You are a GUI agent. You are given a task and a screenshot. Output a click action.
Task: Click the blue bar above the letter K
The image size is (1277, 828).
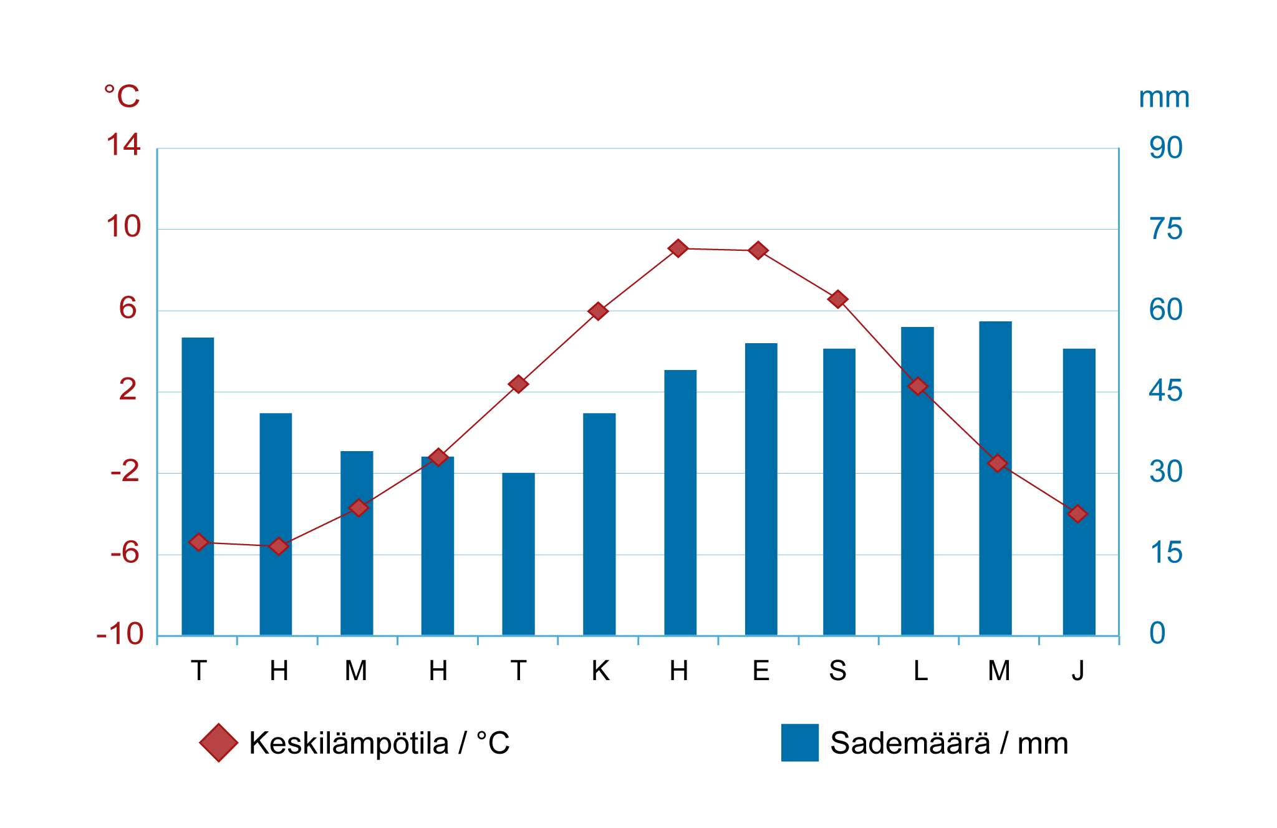pyautogui.click(x=599, y=524)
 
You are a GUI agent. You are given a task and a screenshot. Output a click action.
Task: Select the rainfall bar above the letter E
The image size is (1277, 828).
pyautogui.click(x=761, y=489)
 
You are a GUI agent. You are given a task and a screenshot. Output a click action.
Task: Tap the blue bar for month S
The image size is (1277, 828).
pyautogui.click(x=839, y=492)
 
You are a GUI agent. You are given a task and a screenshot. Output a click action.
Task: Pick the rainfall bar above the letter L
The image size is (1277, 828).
pyautogui.click(x=917, y=481)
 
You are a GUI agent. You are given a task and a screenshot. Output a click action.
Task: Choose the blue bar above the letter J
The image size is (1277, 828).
pyautogui.click(x=1079, y=492)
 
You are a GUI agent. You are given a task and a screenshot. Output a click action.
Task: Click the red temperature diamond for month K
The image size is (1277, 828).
pyautogui.click(x=598, y=311)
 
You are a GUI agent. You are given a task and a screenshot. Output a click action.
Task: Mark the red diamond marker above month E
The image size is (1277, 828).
pyautogui.click(x=758, y=251)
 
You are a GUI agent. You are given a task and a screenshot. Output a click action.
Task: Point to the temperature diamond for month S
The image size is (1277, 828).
pyautogui.click(x=838, y=300)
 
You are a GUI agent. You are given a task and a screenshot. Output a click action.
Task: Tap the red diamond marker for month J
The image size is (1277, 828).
pyautogui.click(x=1077, y=514)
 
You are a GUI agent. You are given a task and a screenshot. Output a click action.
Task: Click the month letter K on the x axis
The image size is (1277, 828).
pyautogui.click(x=600, y=671)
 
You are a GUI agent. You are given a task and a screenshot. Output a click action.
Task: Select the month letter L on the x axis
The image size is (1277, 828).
pyautogui.click(x=920, y=671)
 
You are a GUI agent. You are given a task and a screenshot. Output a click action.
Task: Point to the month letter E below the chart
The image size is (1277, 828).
pyautogui.click(x=761, y=671)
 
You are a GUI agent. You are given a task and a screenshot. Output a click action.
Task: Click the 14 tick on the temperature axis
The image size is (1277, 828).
pyautogui.click(x=123, y=145)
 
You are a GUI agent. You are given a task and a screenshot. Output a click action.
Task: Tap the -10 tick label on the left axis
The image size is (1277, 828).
pyautogui.click(x=120, y=635)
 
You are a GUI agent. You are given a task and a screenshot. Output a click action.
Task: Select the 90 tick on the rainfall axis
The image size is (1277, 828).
pyautogui.click(x=1166, y=148)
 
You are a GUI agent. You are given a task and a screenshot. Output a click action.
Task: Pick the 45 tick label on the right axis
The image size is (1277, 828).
pyautogui.click(x=1166, y=391)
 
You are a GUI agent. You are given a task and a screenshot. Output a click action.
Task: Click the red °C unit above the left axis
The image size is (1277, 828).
pyautogui.click(x=122, y=97)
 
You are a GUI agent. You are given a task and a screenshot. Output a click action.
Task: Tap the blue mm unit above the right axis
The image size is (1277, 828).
pyautogui.click(x=1164, y=98)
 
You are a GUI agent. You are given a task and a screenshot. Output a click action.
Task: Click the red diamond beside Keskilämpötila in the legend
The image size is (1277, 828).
pyautogui.click(x=219, y=743)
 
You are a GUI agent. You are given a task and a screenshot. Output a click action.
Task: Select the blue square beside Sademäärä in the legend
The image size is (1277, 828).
pyautogui.click(x=800, y=743)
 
